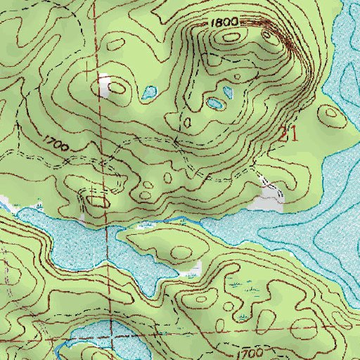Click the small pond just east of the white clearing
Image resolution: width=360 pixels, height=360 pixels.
click(148, 92)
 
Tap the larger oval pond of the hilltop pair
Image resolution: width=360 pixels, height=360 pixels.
click(214, 104)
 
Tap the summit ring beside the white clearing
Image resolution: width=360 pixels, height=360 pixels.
click(118, 88)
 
